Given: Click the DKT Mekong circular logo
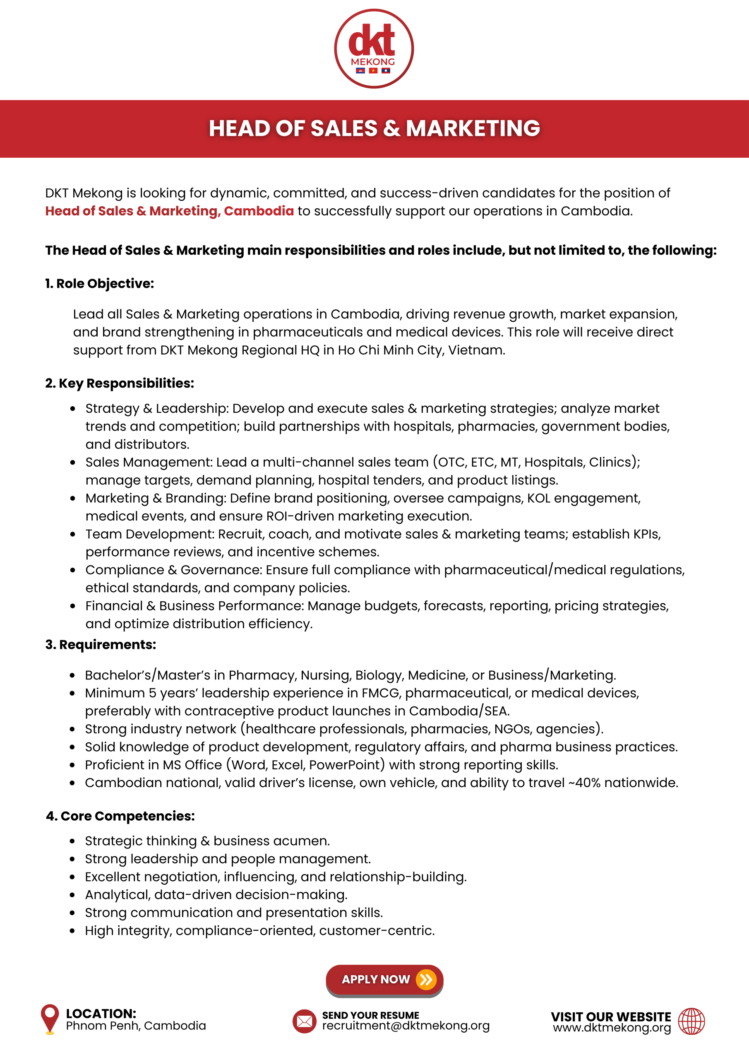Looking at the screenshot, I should click(374, 48).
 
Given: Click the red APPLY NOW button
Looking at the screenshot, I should click(384, 979).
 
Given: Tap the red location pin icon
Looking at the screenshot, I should click(50, 1017).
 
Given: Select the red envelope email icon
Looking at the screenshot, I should click(304, 1021).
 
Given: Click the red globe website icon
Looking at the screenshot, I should click(691, 1021).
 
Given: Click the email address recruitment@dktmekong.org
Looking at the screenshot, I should click(405, 1026).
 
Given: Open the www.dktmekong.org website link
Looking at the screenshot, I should click(612, 1028).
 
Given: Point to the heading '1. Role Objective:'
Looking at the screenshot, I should click(99, 284).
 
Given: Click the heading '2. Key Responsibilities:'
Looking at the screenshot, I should click(120, 383).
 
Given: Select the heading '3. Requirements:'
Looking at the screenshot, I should click(101, 645).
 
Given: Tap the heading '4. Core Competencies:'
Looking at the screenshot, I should click(120, 816).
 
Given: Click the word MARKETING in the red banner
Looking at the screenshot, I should click(473, 128).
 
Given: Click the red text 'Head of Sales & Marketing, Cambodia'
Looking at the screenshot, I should click(169, 211).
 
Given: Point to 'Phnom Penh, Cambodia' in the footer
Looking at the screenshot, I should click(136, 1026).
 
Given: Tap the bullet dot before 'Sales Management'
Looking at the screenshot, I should click(72, 463).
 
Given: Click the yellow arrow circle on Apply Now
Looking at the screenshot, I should click(425, 979).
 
